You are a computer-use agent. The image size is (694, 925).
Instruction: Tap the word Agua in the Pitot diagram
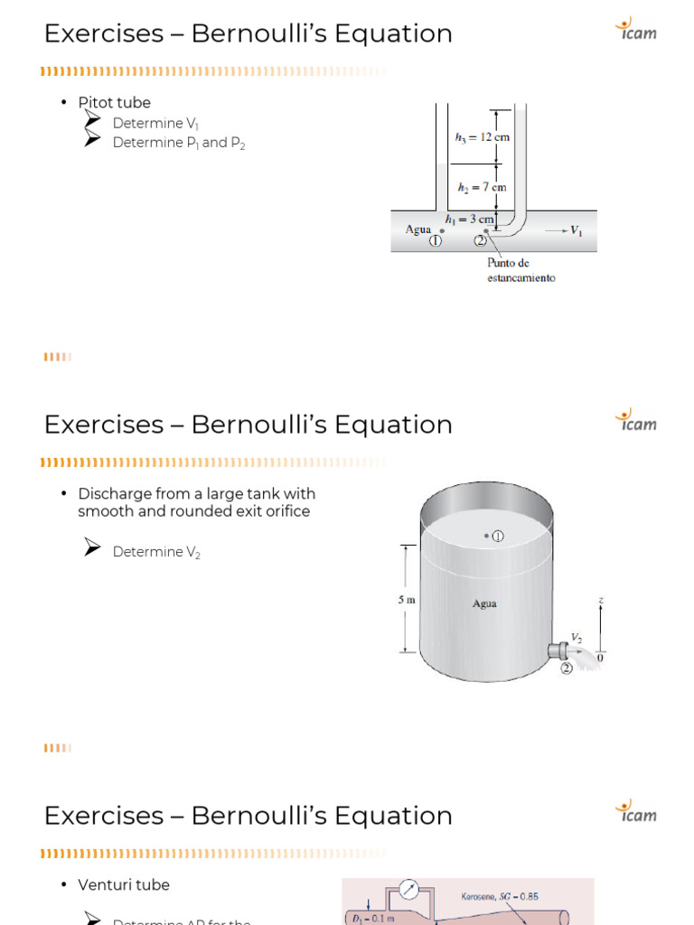(x=417, y=229)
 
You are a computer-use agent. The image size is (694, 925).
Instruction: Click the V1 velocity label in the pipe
(x=576, y=230)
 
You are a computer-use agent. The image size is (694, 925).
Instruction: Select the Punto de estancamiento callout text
(x=520, y=270)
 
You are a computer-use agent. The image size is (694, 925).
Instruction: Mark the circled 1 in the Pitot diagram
(x=436, y=241)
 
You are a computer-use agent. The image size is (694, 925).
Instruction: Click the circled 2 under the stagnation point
(x=480, y=241)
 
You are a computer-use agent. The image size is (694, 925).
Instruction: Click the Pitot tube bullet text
(x=114, y=103)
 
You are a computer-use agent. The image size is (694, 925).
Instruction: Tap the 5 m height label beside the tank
(x=407, y=598)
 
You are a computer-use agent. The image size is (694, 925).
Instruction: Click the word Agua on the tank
(x=484, y=603)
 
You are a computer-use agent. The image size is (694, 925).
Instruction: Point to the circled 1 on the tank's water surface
(x=497, y=536)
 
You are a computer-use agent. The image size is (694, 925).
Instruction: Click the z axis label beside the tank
(x=600, y=599)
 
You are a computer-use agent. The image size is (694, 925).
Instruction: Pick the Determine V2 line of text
(x=155, y=552)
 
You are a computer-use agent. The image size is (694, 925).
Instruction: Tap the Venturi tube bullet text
(x=124, y=885)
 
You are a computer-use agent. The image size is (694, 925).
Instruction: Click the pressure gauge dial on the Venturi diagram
(x=411, y=891)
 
